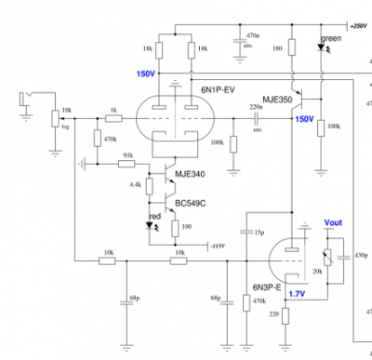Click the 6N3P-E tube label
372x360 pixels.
tap(268, 287)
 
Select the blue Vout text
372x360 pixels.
tap(333, 223)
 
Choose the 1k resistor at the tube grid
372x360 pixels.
tap(113, 119)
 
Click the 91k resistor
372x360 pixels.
tap(128, 164)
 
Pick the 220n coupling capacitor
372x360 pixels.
tap(254, 119)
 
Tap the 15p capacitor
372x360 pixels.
tap(246, 231)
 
